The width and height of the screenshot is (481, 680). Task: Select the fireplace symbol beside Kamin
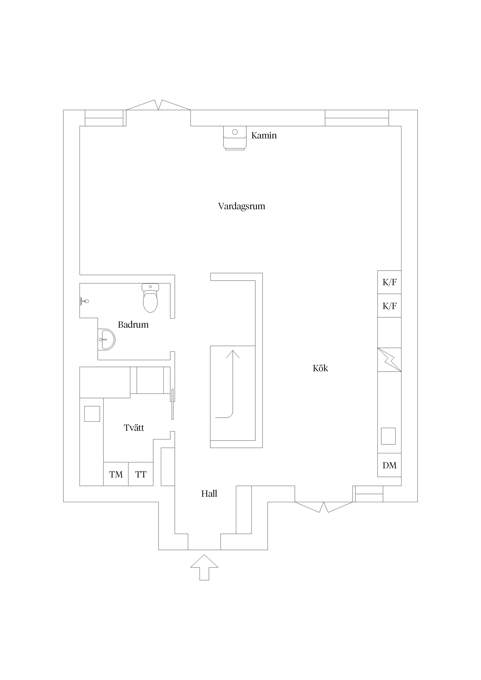235,138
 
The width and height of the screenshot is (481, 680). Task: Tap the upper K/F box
389,282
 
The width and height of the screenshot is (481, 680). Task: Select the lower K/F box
389,306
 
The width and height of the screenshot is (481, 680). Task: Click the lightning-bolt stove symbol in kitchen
389,360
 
